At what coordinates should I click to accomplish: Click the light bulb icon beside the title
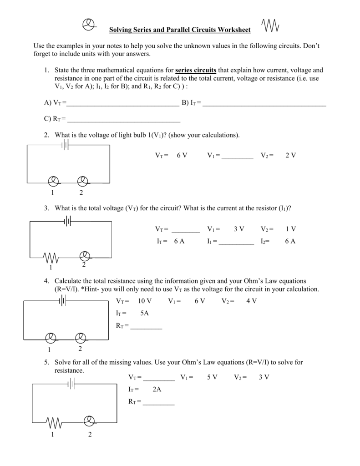pos(90,25)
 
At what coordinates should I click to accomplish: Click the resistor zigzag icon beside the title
pos(271,26)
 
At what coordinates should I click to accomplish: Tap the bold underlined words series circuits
pos(196,70)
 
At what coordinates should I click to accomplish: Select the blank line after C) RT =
pos(123,120)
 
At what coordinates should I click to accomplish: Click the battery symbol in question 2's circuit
pos(66,145)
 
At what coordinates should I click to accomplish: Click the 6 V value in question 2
pos(182,155)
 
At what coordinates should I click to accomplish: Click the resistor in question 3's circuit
pos(51,258)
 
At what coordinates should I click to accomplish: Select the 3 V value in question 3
pos(239,229)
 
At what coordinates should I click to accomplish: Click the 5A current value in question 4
pos(145,313)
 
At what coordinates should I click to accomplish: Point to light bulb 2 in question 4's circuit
pos(80,338)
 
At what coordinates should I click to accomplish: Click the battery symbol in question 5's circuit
pos(71,385)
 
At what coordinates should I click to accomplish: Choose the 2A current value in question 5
pos(157,390)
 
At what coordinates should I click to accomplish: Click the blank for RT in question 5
pos(158,403)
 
